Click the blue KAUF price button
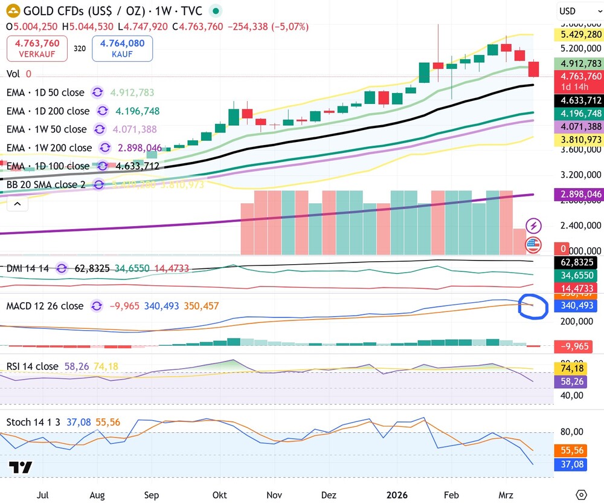point(122,48)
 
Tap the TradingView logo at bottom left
point(21,467)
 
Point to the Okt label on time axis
point(220,495)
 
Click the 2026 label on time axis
point(397,495)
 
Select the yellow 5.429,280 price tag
point(578,34)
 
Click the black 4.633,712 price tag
point(578,100)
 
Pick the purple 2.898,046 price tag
point(578,194)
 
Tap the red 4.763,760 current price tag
point(578,77)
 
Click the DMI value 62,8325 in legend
point(92,268)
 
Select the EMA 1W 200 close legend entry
point(50,148)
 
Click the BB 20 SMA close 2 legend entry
point(46,184)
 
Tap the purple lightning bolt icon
point(534,226)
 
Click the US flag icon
point(533,245)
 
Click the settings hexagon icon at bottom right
point(581,495)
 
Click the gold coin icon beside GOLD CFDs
point(11,11)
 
